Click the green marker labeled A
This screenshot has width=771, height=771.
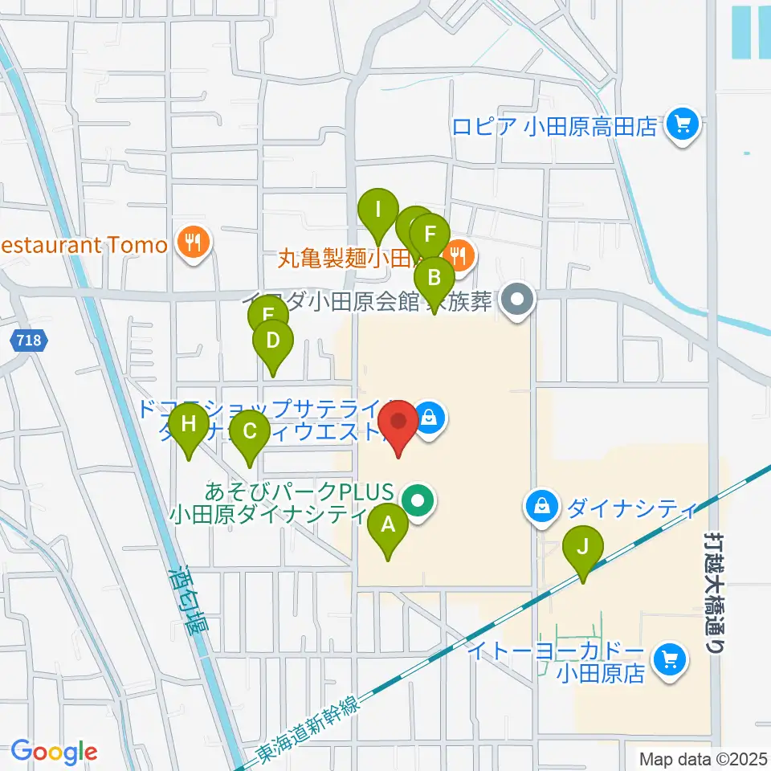[388, 527]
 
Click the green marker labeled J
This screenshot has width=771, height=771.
[583, 549]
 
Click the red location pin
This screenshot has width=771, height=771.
[398, 423]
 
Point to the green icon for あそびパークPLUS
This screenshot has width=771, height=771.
[418, 502]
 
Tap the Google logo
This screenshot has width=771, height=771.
[54, 752]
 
